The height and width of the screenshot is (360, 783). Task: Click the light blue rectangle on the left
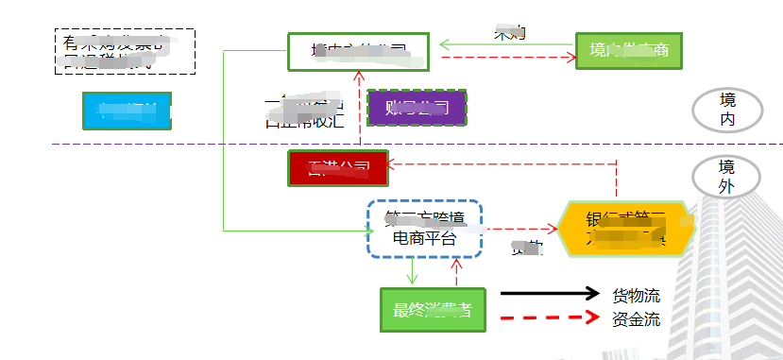coord(128,111)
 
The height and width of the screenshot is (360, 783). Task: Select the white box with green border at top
coord(358,51)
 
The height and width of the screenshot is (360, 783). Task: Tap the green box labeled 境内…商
coord(628,50)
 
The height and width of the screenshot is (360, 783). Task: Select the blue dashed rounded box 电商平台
coord(424,230)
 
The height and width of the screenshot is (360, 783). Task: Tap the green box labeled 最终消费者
coord(433,310)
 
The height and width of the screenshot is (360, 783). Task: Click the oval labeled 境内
coord(726,110)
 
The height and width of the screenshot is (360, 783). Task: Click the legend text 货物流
coord(636,294)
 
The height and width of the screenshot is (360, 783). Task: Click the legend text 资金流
coord(636,319)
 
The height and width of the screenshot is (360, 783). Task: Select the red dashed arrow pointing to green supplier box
coord(508,58)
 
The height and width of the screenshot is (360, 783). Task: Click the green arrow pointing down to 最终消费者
coord(412,272)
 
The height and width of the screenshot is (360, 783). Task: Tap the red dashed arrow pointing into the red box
coord(501,166)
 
